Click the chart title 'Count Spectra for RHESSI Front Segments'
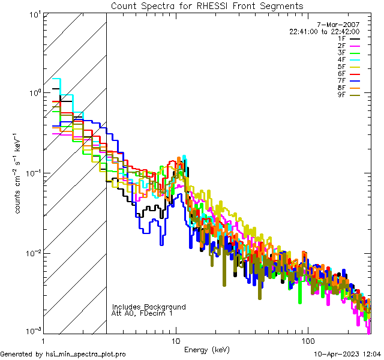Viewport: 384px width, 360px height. tap(207, 6)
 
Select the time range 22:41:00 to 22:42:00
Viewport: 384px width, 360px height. tap(325, 31)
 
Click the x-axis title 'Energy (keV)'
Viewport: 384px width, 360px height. tap(206, 349)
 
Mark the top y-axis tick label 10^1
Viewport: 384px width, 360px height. tap(34, 13)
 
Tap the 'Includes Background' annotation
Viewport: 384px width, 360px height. tap(149, 307)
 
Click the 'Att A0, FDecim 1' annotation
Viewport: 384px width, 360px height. tap(142, 313)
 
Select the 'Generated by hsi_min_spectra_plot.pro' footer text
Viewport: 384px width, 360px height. tap(63, 354)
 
